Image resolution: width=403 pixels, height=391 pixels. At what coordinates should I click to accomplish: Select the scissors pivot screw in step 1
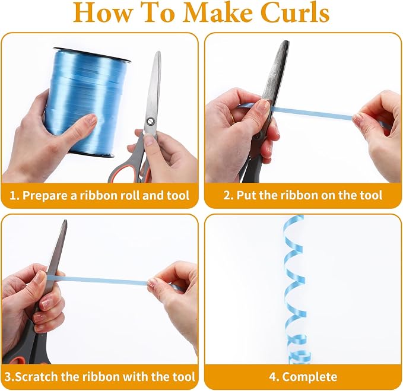coord(150,122)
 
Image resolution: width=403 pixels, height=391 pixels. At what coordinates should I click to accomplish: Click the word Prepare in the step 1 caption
coord(46,196)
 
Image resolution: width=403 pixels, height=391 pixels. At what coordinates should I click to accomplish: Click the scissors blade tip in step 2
coord(285,41)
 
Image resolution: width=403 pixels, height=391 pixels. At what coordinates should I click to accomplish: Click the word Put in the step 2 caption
coord(246,195)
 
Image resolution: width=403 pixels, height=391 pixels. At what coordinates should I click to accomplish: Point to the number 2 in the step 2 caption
coord(227,196)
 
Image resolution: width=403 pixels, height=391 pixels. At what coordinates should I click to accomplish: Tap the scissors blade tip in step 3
coord(65,221)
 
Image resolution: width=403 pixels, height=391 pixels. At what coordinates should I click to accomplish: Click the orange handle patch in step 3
coord(17,360)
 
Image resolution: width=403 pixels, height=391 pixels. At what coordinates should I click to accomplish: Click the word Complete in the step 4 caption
coord(310,377)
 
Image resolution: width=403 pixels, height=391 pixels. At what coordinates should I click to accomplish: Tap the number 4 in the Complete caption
coord(272,377)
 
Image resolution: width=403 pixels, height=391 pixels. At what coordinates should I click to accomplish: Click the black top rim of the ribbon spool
coord(92,55)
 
